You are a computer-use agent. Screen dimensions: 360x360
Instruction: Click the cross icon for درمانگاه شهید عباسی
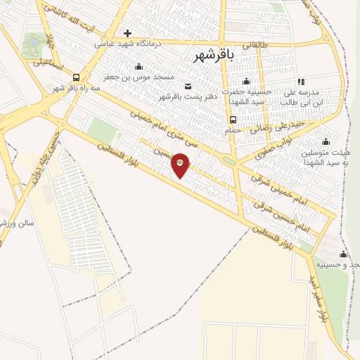pos(127,33)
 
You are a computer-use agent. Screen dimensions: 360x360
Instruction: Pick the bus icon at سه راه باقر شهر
pos(75,78)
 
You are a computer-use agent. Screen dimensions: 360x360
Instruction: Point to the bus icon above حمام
pos(233,120)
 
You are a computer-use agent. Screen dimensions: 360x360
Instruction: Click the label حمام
pos(233,130)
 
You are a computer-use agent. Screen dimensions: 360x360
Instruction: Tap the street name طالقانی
pos(255,44)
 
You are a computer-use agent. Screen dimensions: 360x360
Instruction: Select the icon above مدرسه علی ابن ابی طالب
pos(301,82)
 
